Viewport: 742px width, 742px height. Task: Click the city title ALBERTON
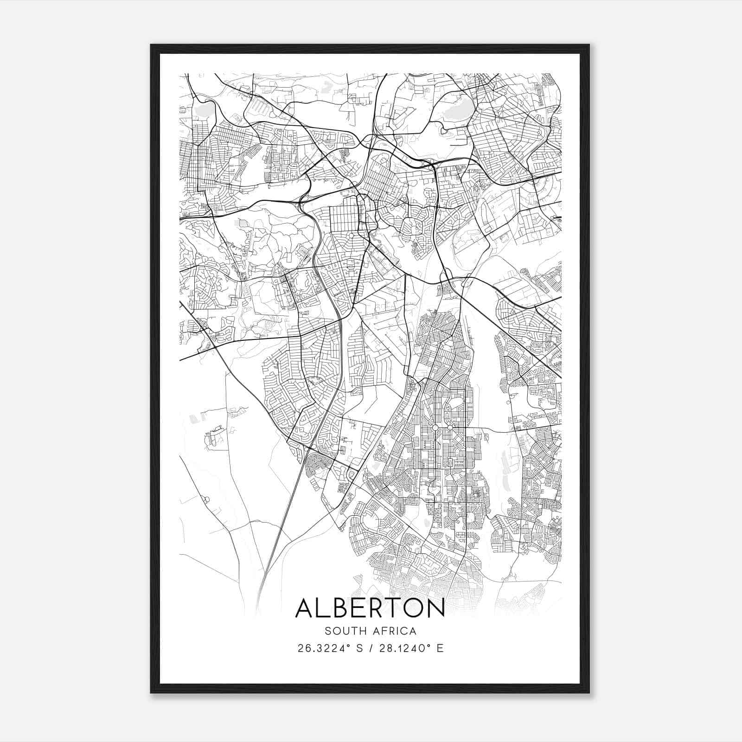point(370,608)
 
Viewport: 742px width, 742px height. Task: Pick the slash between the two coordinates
point(369,648)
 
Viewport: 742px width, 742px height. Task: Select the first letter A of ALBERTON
point(304,608)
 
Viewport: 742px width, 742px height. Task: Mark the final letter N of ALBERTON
point(436,608)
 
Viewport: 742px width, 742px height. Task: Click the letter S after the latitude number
point(358,648)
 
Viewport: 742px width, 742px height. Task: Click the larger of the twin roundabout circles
point(435,427)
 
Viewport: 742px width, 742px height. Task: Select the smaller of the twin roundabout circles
point(450,427)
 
